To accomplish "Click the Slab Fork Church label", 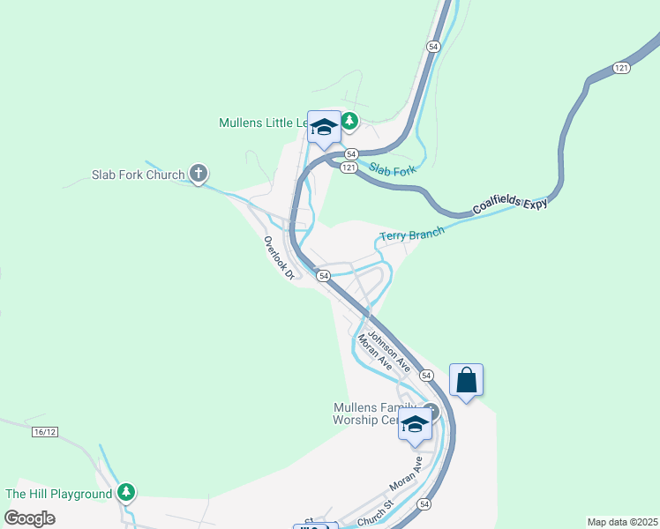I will tap(139, 175).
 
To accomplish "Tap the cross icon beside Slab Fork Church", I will tap(199, 174).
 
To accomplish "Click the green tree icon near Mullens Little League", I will tap(350, 121).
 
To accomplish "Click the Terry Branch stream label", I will tap(411, 235).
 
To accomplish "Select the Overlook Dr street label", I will tap(278, 257).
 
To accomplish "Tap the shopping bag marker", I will tap(467, 381).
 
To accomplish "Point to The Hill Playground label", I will tap(59, 494).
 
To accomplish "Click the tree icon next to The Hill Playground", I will tap(127, 492).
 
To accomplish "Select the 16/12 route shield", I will tap(43, 432).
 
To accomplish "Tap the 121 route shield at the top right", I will tap(622, 68).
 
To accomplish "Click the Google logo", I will tap(30, 518).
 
